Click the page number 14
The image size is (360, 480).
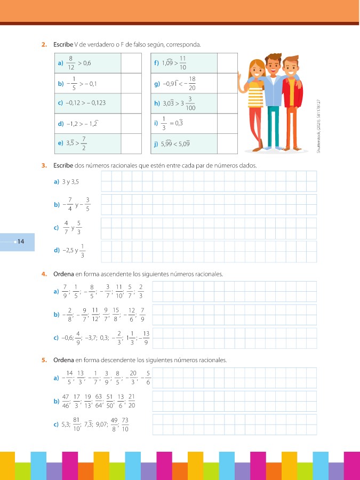click(x=21, y=242)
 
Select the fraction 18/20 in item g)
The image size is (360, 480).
click(x=191, y=83)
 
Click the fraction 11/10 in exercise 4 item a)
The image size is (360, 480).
click(x=118, y=291)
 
